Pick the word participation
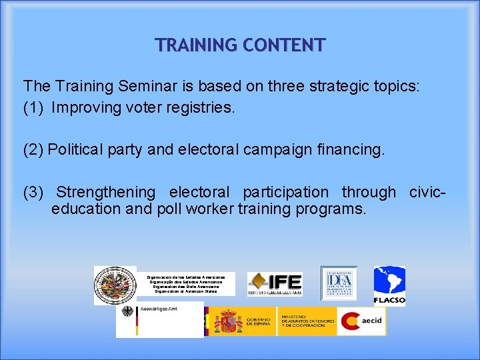(285, 192)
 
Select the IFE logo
(275, 284)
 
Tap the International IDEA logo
(339, 283)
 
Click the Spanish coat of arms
(228, 321)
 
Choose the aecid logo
(361, 321)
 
